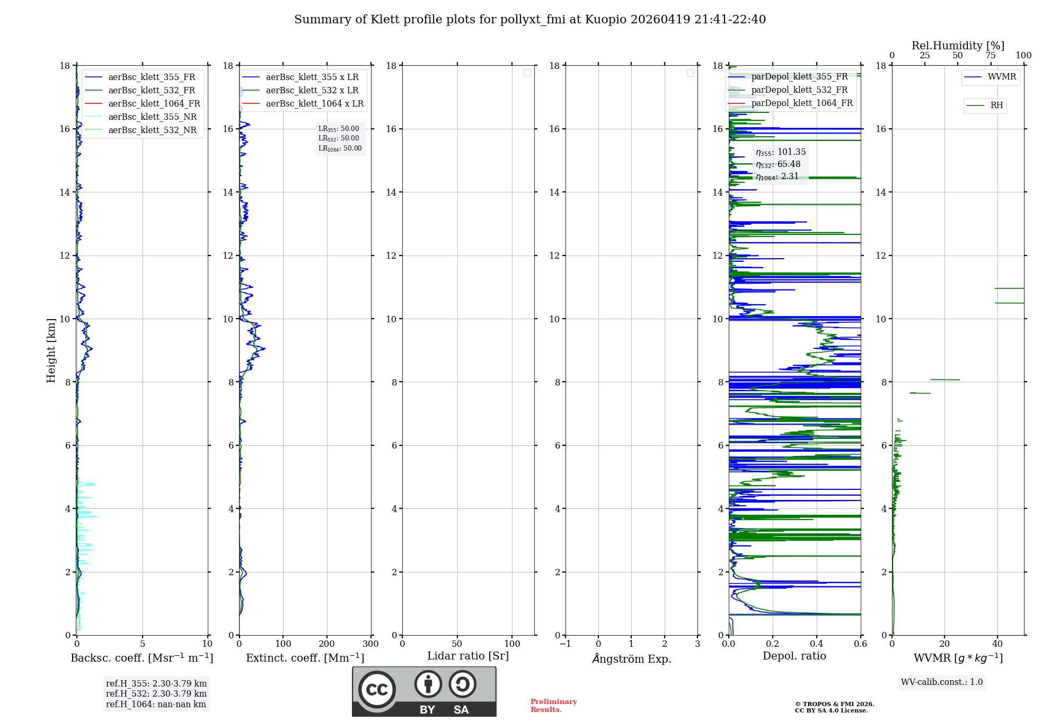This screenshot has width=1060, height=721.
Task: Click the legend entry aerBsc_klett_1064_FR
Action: [x=154, y=104]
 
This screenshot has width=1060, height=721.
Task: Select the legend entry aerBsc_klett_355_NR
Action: [x=152, y=117]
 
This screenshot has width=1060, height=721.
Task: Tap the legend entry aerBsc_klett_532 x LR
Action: [x=312, y=91]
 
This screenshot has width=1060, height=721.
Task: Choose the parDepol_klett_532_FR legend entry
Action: [x=799, y=90]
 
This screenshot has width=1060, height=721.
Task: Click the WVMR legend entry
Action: [x=1002, y=77]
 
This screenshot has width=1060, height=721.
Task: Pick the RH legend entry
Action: [x=996, y=105]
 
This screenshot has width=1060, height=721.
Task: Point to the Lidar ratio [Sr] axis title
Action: [x=468, y=656]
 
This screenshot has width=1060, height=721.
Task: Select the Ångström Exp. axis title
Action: [x=631, y=659]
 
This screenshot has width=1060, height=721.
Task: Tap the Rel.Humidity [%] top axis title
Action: [x=958, y=46]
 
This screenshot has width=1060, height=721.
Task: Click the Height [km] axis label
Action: [x=51, y=350]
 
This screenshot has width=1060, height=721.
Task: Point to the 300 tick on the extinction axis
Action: [x=370, y=644]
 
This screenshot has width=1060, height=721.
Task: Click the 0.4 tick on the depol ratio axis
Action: [x=817, y=644]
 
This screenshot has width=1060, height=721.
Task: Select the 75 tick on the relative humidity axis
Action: [x=990, y=56]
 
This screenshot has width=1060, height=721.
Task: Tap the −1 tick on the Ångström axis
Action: [x=565, y=644]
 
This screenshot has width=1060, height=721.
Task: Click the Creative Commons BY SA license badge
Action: [x=424, y=691]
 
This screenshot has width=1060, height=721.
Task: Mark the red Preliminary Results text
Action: [x=553, y=706]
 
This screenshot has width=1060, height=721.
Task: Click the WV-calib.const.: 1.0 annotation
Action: [x=942, y=682]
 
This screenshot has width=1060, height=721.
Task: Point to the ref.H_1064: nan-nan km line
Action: [x=156, y=705]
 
